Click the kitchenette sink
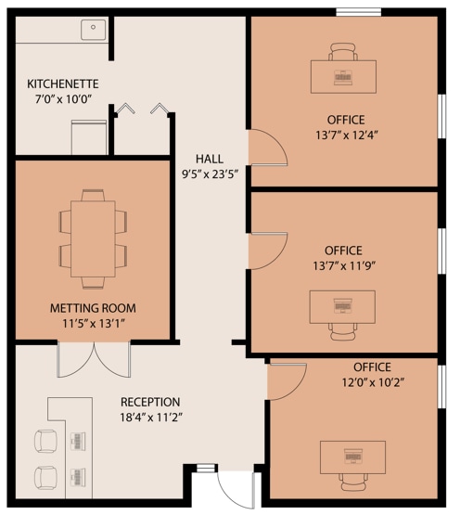point(94,30)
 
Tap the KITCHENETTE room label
point(63,84)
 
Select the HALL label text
point(210,159)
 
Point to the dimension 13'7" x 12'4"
point(347,135)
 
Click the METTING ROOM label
point(93,308)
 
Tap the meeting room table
point(93,238)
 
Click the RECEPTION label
point(150,402)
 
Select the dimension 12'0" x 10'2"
point(373,382)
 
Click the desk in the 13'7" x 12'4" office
point(343,76)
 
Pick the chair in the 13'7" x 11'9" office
point(343,331)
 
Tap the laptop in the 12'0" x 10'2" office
point(353,457)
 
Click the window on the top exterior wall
point(359,12)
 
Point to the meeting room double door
point(94,360)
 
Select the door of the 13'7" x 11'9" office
point(267,251)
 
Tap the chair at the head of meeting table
point(93,195)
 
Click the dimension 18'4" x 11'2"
point(151,418)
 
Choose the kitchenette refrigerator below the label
point(89,137)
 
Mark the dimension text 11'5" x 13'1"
point(94,324)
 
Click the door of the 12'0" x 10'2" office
point(287,381)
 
